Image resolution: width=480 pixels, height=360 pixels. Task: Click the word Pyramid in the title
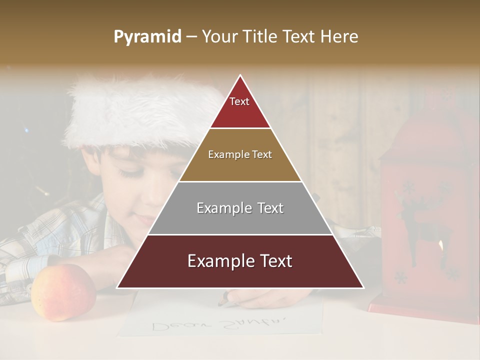coord(147,37)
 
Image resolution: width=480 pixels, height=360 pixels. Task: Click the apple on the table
coord(63,292)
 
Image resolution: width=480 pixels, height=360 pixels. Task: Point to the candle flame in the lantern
coord(440,245)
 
